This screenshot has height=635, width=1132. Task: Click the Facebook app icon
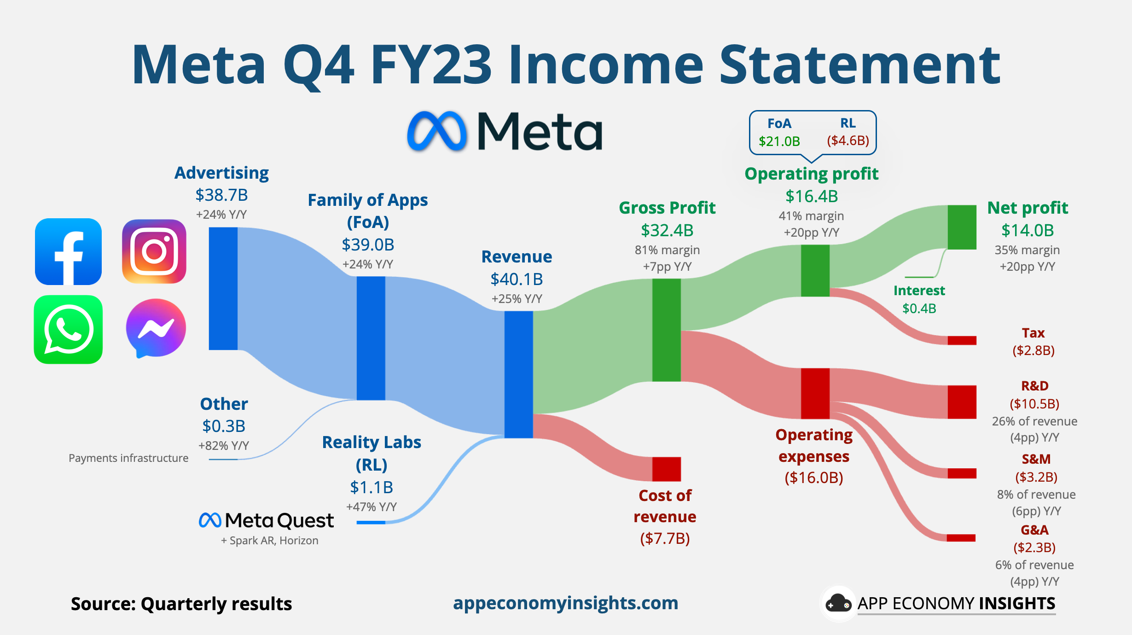pyautogui.click(x=68, y=251)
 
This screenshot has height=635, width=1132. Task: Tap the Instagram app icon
pyautogui.click(x=154, y=251)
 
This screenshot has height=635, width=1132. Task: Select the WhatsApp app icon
pyautogui.click(x=68, y=330)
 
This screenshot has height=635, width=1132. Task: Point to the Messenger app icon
pyautogui.click(x=156, y=328)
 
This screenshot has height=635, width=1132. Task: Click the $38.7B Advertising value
pyautogui.click(x=221, y=195)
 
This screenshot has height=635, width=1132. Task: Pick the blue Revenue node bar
pyautogui.click(x=518, y=374)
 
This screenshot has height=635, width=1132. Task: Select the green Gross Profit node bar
pyautogui.click(x=666, y=330)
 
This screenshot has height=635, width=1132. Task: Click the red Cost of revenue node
pyautogui.click(x=666, y=469)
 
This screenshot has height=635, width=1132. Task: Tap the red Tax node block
pyautogui.click(x=962, y=340)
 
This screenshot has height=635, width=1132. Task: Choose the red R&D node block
pyautogui.click(x=962, y=402)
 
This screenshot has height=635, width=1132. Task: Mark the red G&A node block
pyautogui.click(x=961, y=538)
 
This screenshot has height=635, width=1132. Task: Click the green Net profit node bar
pyautogui.click(x=962, y=227)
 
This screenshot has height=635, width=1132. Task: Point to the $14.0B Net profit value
pyautogui.click(x=1028, y=230)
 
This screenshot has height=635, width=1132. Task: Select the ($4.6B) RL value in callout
pyautogui.click(x=848, y=140)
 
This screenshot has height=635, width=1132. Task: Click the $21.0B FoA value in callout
pyautogui.click(x=779, y=141)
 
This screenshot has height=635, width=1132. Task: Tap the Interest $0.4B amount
pyautogui.click(x=919, y=309)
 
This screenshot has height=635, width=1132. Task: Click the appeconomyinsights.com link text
pyautogui.click(x=565, y=603)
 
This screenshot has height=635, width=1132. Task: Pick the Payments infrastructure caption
pyautogui.click(x=128, y=458)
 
